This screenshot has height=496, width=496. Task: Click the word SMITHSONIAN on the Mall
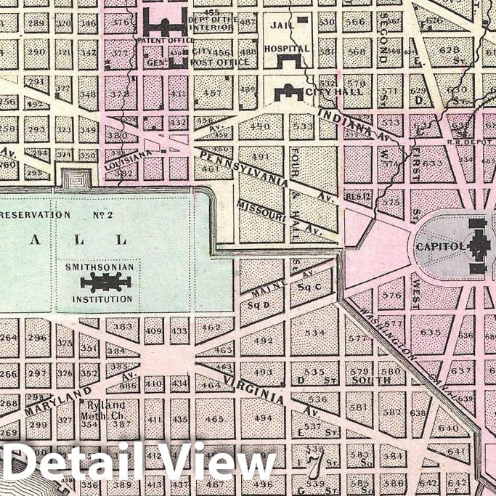99,267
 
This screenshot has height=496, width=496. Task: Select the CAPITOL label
440,246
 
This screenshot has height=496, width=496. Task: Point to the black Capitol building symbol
478,247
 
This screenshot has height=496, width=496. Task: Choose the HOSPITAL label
288,49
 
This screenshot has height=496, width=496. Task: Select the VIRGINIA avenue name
253,388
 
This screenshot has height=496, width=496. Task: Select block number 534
315,334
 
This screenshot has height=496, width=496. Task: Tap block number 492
263,340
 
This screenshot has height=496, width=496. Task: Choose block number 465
215,419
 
